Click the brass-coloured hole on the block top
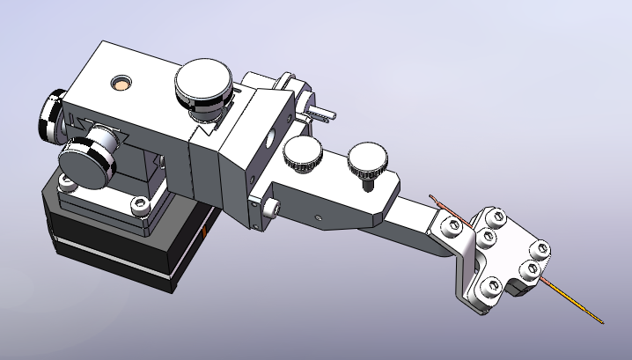tap(120, 84)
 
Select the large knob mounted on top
tap(204, 84)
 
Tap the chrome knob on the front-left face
tap(91, 153)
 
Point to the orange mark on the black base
tap(203, 231)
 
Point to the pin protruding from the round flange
tap(322, 114)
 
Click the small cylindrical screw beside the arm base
tap(271, 207)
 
